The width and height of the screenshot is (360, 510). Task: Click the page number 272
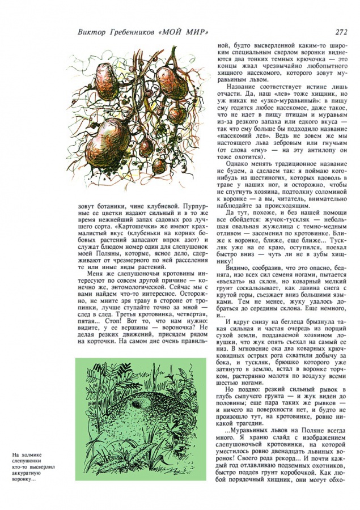(x=341, y=32)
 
